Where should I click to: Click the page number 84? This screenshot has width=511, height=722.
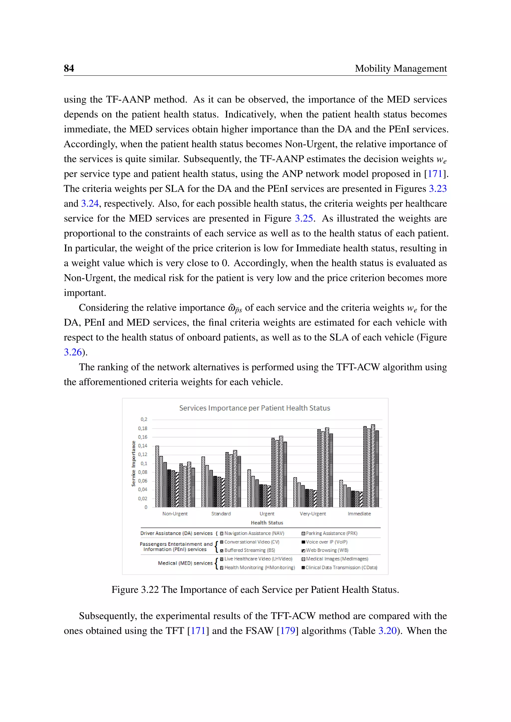point(69,68)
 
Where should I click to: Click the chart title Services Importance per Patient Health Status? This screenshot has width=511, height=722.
point(255,408)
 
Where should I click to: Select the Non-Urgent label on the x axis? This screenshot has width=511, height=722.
point(175,514)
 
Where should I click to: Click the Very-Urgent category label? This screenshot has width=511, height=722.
point(313,514)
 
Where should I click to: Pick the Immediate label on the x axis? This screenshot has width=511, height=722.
point(359,514)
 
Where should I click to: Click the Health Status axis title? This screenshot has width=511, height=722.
point(267,523)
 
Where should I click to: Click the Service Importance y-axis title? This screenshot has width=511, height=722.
point(133,463)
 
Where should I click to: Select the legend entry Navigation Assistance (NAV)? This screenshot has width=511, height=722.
point(254,533)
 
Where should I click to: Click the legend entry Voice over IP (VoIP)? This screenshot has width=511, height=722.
point(326,542)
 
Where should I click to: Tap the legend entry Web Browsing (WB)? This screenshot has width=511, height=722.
point(327,550)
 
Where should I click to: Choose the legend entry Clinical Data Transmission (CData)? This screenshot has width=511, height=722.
point(341,568)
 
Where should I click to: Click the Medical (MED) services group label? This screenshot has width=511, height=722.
point(185,563)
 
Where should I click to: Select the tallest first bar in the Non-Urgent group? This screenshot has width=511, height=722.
point(157,476)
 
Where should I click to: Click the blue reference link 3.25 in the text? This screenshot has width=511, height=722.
point(304,218)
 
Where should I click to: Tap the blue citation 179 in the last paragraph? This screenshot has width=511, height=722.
point(288,631)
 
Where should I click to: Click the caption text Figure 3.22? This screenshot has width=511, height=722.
point(135,590)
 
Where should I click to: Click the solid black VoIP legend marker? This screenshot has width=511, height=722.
point(303,542)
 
